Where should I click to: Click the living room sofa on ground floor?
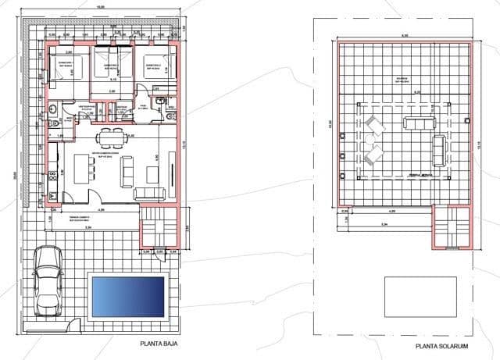[x=150, y=192]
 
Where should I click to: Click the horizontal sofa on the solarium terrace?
[x=415, y=122]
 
